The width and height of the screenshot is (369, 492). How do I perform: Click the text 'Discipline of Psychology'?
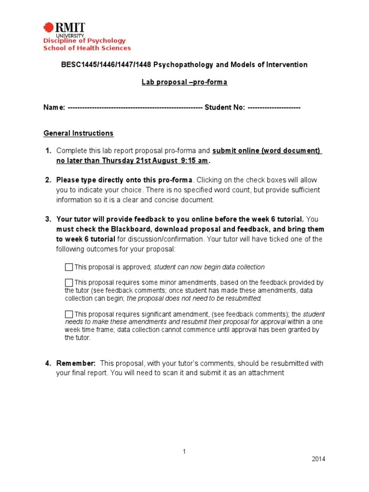(85, 41)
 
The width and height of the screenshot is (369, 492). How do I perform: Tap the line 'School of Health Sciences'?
(87, 48)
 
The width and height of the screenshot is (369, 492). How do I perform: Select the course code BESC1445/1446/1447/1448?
(100, 64)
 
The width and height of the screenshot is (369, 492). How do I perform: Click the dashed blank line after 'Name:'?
(135, 107)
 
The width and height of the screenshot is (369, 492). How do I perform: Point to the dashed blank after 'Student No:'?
(274, 107)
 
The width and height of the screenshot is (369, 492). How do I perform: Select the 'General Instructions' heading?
(78, 133)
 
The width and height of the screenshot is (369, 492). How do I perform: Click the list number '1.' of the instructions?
(48, 151)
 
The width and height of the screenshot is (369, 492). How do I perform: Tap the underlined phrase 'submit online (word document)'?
(267, 151)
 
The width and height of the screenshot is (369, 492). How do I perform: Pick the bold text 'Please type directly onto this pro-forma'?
(124, 180)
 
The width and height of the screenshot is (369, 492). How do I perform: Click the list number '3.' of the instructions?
(48, 220)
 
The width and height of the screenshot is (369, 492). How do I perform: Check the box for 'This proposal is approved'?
(69, 267)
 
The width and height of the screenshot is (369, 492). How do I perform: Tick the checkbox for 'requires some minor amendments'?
(69, 283)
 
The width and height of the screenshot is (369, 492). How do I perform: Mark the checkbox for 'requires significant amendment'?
(69, 314)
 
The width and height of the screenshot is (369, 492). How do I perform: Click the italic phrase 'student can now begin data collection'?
(209, 267)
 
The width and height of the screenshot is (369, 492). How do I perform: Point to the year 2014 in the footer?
(318, 459)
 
